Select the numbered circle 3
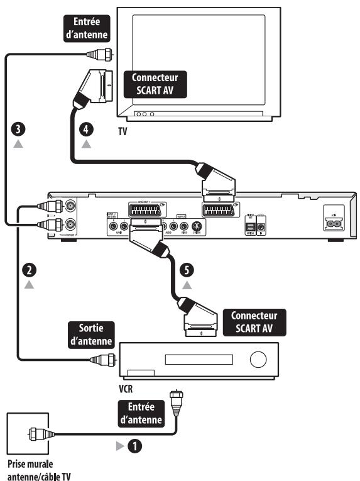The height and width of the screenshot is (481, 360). point(21,130)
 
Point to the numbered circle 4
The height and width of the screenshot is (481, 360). point(86,130)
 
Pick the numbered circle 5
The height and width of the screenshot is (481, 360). point(187,270)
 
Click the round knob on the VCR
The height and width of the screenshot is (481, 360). point(258,360)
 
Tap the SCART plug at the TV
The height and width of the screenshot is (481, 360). point(94,85)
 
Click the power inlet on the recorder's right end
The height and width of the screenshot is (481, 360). point(333,221)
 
